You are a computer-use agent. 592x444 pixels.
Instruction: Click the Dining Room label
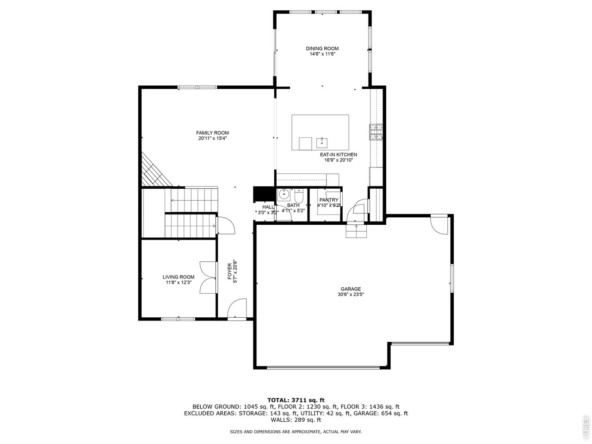[322, 49]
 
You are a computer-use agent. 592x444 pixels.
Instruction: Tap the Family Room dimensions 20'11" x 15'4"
[212, 138]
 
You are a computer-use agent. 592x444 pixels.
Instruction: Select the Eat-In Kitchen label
[338, 154]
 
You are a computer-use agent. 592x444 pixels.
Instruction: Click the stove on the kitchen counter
[376, 132]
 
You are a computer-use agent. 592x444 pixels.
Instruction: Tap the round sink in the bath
[284, 195]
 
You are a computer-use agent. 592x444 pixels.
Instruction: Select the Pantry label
[328, 200]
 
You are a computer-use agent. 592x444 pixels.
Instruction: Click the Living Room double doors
[208, 277]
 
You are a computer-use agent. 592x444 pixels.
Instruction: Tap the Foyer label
[230, 268]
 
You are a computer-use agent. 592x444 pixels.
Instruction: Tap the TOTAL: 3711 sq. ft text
[296, 400]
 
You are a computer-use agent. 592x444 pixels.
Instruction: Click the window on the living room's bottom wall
[178, 319]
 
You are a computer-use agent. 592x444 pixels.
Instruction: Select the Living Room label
[178, 277]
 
